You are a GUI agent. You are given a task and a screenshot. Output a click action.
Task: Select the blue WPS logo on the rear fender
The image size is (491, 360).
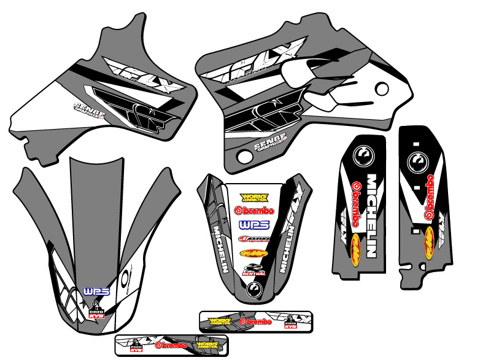pyautogui.click(x=250, y=224)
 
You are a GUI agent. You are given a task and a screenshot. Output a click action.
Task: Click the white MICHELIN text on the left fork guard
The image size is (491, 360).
pyautogui.click(x=372, y=215)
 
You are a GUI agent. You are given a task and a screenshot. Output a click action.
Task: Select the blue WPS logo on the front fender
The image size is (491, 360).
pyautogui.click(x=91, y=289)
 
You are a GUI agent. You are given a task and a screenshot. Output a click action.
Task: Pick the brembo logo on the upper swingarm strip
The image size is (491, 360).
pyautogui.click(x=256, y=321)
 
